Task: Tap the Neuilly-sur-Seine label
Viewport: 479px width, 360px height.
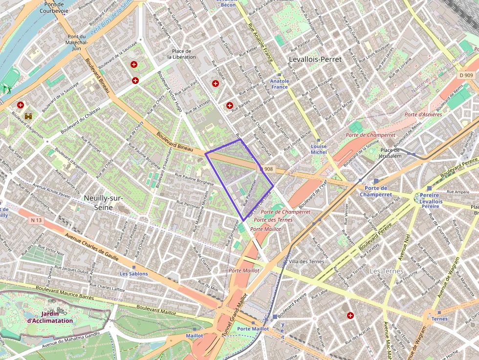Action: [103, 202]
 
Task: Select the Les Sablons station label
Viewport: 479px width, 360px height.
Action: [133, 274]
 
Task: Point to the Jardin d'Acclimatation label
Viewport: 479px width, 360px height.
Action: [50, 317]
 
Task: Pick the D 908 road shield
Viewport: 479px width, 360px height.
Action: [267, 169]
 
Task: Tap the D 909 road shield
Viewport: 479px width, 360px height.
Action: [466, 75]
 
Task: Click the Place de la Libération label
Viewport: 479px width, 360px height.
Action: [181, 54]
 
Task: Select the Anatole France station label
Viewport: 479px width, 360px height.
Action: [280, 84]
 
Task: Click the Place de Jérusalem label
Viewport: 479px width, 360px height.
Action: [391, 153]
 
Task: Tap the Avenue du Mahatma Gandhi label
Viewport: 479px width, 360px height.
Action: [71, 340]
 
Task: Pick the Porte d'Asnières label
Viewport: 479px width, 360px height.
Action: [423, 114]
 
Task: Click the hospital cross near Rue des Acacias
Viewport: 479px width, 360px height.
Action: [350, 316]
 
